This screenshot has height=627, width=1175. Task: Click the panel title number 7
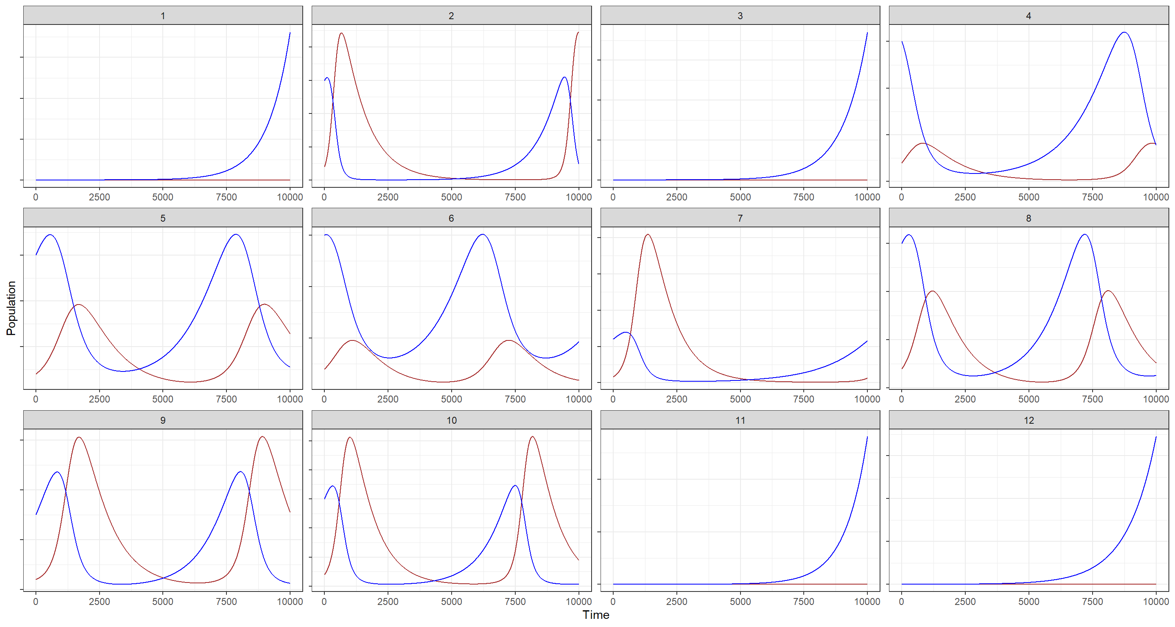(740, 218)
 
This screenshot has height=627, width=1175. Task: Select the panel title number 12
(1029, 420)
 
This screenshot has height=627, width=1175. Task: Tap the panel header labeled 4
(1029, 16)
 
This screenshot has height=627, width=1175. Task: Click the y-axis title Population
(11, 308)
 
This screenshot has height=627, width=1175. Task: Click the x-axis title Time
(596, 615)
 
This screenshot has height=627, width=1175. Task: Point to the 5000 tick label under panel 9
(162, 601)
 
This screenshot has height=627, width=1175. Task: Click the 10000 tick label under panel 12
(1155, 601)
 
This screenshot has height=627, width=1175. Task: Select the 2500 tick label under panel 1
(99, 197)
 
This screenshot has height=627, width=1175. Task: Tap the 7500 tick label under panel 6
(515, 399)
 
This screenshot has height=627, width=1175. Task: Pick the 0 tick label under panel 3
(613, 197)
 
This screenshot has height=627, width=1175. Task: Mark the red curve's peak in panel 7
(648, 235)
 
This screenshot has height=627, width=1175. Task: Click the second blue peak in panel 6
(483, 235)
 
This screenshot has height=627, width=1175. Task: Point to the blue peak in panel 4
(1124, 32)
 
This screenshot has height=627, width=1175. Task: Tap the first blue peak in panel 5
(50, 235)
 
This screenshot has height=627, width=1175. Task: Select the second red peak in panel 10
(532, 437)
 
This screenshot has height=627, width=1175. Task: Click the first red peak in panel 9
(80, 437)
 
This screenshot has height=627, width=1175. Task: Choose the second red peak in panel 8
(1108, 291)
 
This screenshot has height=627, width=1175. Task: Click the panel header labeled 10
(451, 420)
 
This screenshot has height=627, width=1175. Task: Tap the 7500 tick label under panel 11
(804, 601)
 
